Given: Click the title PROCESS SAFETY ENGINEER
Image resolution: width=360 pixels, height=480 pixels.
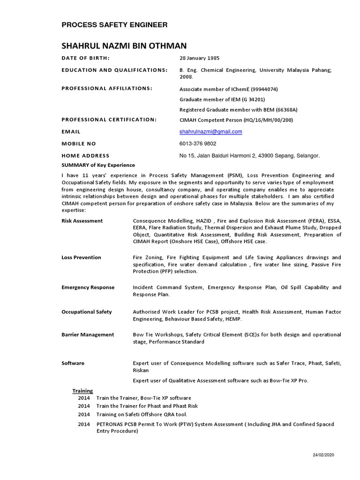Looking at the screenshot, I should coord(114,25).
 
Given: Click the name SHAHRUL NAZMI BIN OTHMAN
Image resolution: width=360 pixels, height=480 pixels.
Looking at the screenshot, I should coord(124,46).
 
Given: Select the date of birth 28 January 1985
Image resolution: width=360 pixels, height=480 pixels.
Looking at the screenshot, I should coord(200,58).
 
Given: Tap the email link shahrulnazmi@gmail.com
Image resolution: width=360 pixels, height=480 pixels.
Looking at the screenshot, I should coord(211,132).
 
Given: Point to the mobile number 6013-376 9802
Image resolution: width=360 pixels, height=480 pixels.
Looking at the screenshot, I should coord(198,143).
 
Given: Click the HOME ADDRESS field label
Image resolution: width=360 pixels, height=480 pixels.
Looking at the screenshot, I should coord(85,156).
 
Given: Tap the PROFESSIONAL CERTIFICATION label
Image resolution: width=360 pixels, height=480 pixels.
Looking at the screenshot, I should coord(109,120).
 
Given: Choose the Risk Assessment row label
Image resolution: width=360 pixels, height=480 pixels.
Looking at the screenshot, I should coord(82,221).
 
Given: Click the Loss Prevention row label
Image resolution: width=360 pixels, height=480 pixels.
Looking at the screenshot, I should coord(81,257).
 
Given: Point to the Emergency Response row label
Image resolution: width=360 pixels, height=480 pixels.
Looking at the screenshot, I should coord(88,287).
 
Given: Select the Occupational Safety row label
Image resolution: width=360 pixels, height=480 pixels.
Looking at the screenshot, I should coord(87,312).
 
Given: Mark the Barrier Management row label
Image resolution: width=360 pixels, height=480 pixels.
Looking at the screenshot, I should coord(88,335).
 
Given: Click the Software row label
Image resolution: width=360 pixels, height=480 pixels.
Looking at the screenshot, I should coord(73,363).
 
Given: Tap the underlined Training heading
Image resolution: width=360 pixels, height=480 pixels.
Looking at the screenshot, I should coord(82,391).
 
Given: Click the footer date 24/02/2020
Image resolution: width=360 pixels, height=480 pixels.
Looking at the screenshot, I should coord(323,455).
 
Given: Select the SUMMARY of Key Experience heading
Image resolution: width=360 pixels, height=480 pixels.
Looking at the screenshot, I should coord(98,165).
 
